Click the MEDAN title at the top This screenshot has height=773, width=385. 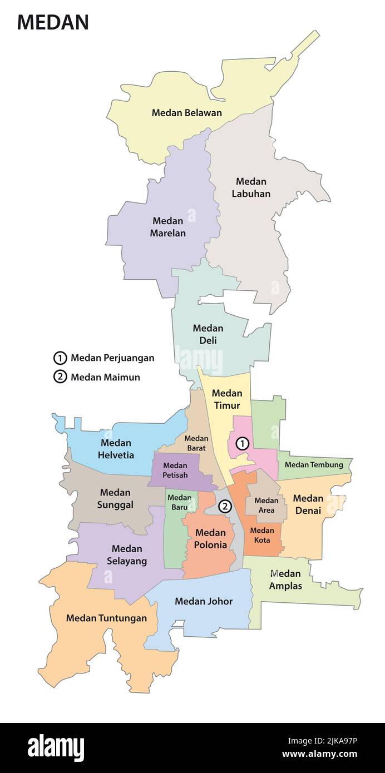[x=53, y=22]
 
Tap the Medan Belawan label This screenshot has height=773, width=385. [x=187, y=113]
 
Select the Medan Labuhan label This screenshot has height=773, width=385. [x=251, y=187]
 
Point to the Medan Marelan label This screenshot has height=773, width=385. [x=167, y=227]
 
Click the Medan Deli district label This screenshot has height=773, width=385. [x=208, y=334]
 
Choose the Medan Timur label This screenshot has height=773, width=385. [x=226, y=399]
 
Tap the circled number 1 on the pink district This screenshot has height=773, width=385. [x=242, y=443]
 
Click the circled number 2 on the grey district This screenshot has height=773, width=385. [x=225, y=506]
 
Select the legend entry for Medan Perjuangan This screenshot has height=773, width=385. [x=104, y=358]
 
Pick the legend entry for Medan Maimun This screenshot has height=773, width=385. [x=97, y=377]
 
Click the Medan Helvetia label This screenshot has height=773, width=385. [x=116, y=449]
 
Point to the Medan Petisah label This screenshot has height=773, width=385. [x=175, y=470]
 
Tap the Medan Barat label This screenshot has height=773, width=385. [x=196, y=443]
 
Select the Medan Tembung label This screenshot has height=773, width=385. [x=314, y=464]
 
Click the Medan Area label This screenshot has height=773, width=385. [x=266, y=505]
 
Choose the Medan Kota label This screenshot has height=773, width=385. [x=262, y=535]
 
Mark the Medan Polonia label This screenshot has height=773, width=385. [x=210, y=539]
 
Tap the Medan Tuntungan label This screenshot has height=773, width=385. [x=106, y=618]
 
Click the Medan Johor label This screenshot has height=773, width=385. [x=204, y=601]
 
